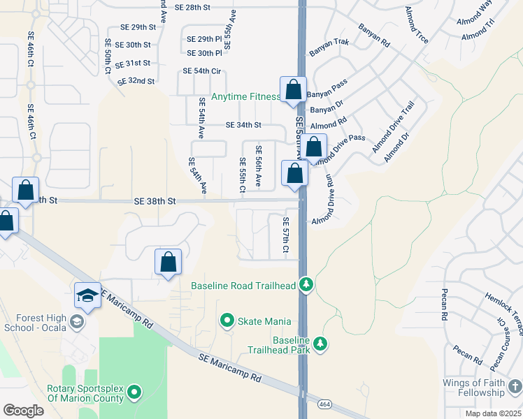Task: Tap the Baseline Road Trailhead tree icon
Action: (x=306, y=285)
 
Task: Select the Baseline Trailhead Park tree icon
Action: (x=320, y=344)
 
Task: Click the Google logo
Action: (x=24, y=410)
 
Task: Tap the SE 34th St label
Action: (x=243, y=126)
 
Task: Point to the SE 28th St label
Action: (x=193, y=7)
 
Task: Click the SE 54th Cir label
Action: (x=201, y=71)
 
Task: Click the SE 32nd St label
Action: (x=136, y=81)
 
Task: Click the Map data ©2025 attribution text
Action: (x=493, y=413)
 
